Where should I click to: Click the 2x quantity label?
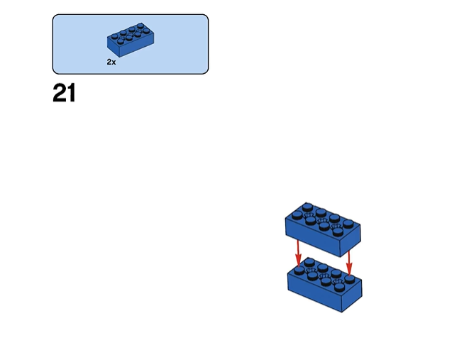coord(111,62)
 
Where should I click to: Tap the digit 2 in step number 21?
coord(59,93)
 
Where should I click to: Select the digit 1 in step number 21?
coord(70,93)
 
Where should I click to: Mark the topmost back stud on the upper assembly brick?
coord(307,205)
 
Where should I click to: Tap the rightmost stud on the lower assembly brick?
coord(350,278)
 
